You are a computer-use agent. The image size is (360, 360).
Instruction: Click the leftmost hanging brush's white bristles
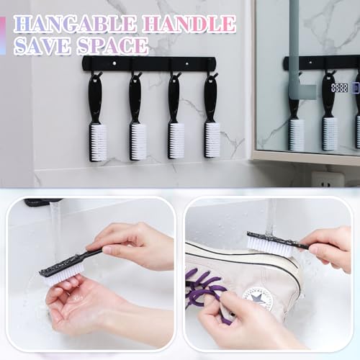click(98, 142)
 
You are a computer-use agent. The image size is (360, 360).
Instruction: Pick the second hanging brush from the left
click(137, 115)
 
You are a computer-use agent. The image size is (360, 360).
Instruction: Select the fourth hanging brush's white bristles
click(212, 139)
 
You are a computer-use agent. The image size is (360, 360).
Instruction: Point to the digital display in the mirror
click(340, 87)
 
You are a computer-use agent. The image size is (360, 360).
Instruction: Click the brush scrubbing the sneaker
click(274, 243)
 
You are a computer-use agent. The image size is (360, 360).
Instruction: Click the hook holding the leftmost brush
click(96, 73)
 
